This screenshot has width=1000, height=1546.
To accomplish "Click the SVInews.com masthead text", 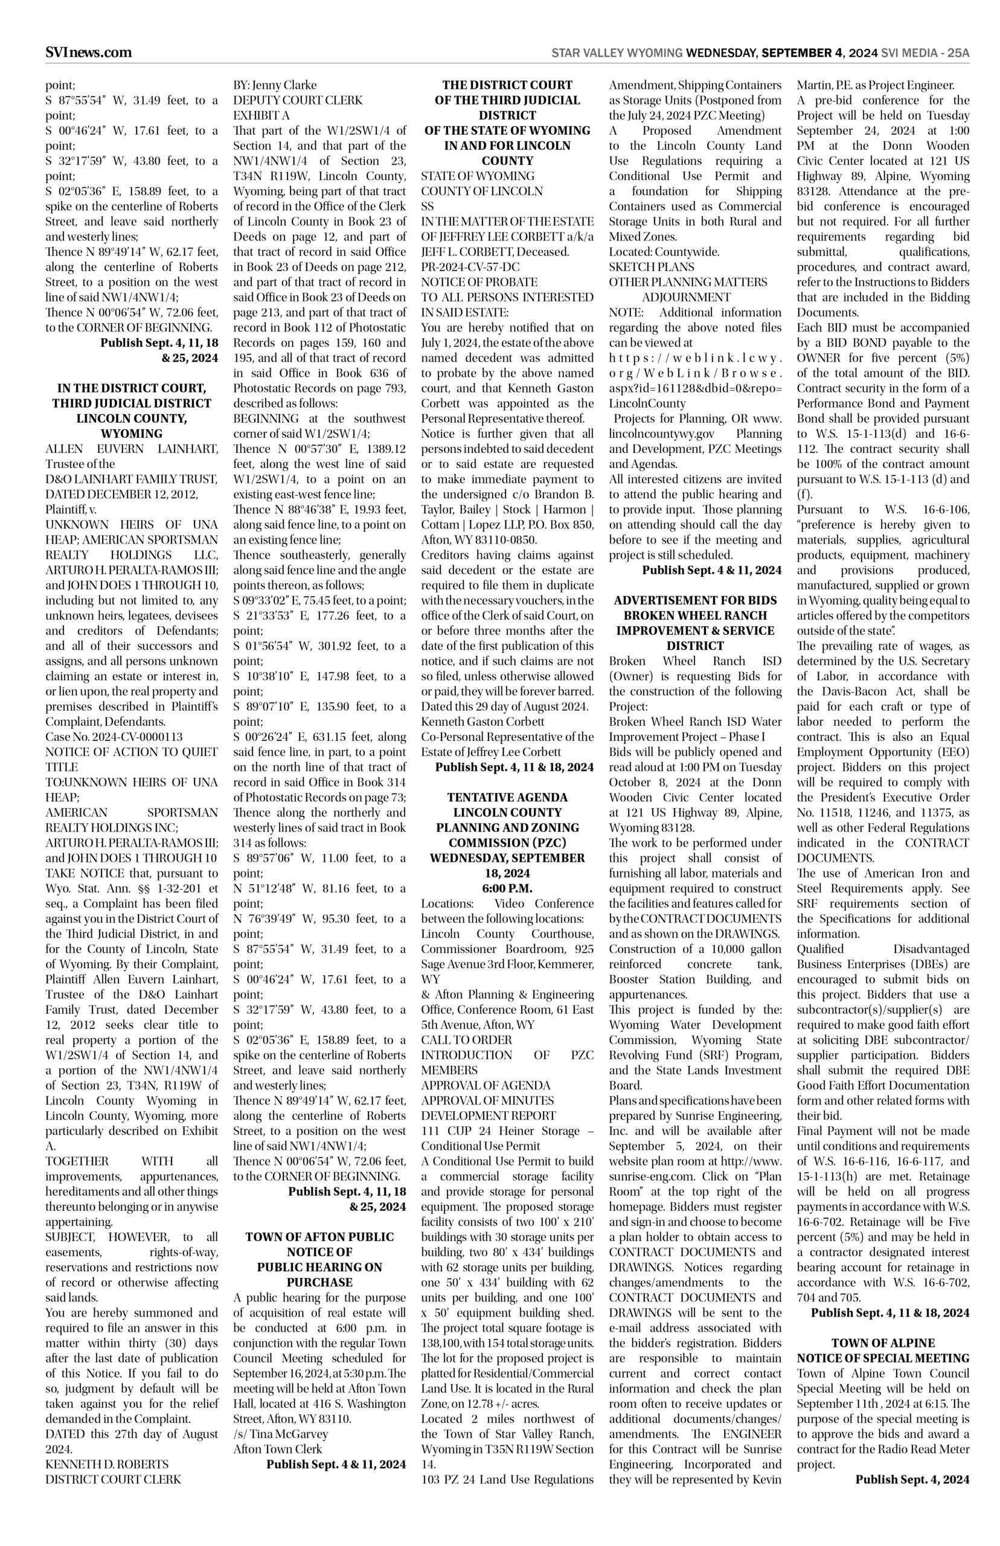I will pos(88,53).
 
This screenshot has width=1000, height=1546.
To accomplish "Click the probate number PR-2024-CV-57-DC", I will pos(470,266).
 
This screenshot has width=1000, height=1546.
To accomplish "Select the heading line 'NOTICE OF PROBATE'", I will pos(479,282).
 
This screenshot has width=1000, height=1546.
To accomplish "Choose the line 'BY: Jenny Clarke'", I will pos(275,85).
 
